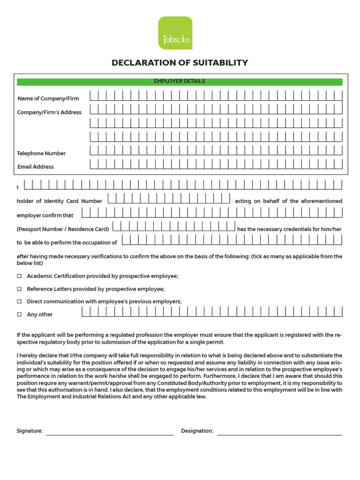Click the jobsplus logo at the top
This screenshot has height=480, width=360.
coord(175,33)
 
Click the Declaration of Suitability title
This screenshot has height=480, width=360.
coord(180,63)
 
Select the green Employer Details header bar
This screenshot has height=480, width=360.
coord(180,82)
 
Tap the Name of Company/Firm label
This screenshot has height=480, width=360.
coord(48,98)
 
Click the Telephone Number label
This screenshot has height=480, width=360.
coord(41,153)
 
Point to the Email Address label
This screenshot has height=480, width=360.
coord(36,167)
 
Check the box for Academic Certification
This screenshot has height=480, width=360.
coord(19,276)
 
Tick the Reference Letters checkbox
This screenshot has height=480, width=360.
coord(19,289)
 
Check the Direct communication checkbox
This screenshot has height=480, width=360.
coord(19,301)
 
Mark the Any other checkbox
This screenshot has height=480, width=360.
coord(19,315)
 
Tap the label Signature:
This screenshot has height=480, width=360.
coord(30,431)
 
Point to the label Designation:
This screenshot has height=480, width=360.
coord(197,431)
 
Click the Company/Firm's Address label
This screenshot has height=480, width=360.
coord(49,112)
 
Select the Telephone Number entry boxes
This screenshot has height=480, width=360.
coord(216,151)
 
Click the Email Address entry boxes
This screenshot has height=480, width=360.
coord(216,165)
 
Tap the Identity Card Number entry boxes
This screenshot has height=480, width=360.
coord(169,198)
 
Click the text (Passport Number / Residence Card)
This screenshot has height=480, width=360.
coord(63,229)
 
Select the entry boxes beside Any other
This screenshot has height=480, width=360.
coord(212,312)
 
